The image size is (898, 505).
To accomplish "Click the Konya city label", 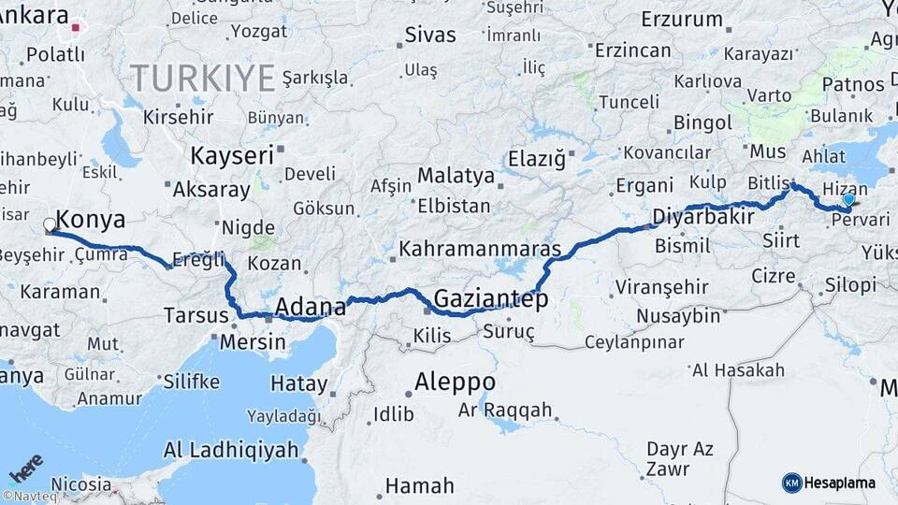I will tap(91, 221).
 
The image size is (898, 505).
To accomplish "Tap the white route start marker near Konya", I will tap(50, 224).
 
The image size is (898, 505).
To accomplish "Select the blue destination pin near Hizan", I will tap(847, 199).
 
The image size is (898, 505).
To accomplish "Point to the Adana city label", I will tap(306, 306).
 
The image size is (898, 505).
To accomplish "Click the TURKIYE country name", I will tap(202, 77).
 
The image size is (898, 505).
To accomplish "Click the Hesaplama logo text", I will tap(841, 483).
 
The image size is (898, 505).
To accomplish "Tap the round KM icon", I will tap(792, 483).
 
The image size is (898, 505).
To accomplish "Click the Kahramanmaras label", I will tap(480, 250).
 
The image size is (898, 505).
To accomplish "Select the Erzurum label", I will tap(682, 19).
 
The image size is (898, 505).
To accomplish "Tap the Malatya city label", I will tap(456, 175).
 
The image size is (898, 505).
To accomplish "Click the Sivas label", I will tap(430, 36).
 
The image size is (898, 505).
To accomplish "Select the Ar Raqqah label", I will tap(505, 411).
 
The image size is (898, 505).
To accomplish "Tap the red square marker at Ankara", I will tap(76, 28).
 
